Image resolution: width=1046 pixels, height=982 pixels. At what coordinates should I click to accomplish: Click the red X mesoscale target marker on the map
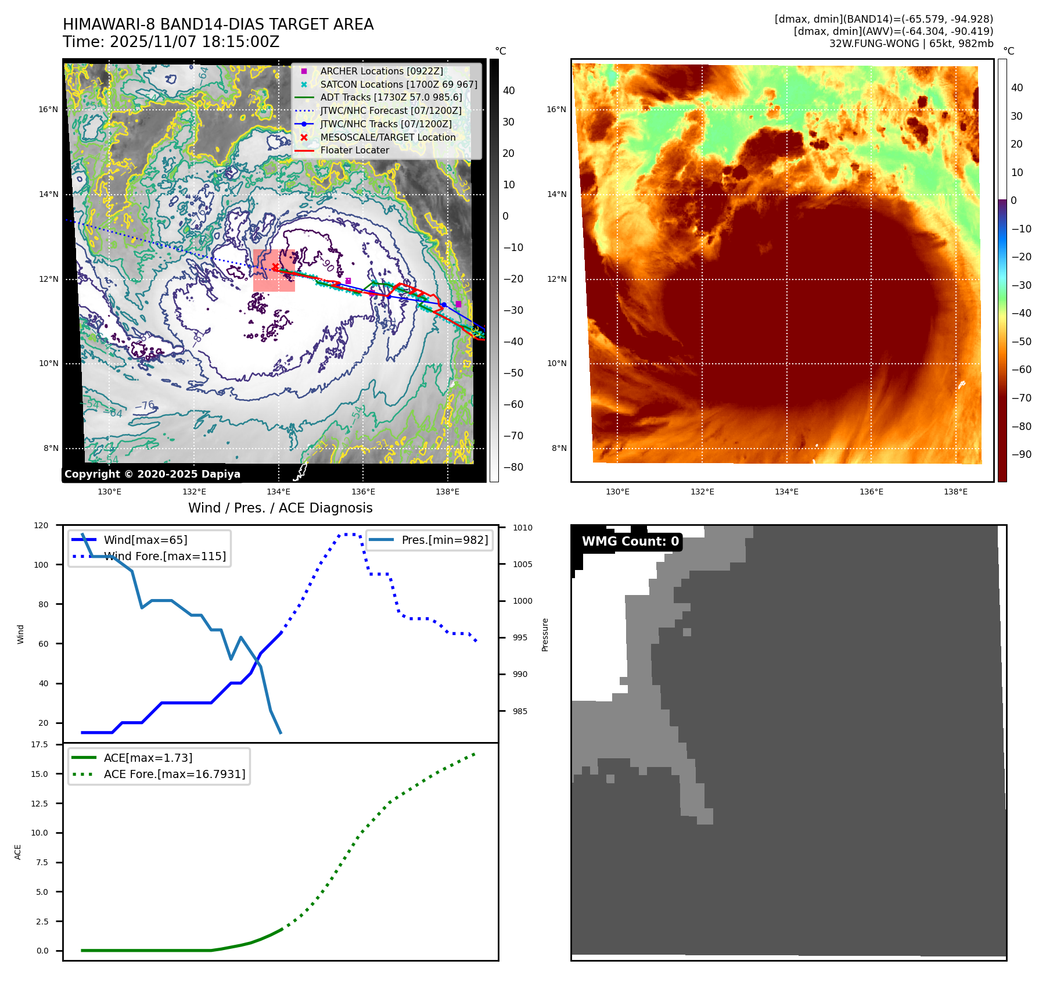[x=275, y=267]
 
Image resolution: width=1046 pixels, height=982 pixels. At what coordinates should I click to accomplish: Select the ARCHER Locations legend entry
[x=381, y=71]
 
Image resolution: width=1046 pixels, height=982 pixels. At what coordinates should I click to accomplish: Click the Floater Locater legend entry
[x=354, y=150]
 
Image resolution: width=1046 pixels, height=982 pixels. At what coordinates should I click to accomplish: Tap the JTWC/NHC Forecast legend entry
[x=390, y=110]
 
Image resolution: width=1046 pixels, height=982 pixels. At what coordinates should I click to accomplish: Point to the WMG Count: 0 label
[x=630, y=542]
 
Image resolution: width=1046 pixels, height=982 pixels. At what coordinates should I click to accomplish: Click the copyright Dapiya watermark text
[x=152, y=474]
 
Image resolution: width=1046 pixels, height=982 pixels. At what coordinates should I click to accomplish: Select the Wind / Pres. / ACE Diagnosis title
[x=280, y=508]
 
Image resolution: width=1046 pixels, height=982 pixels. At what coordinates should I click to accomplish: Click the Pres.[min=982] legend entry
[x=444, y=540]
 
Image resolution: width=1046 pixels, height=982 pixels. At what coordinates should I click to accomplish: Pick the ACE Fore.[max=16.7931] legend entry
[x=174, y=774]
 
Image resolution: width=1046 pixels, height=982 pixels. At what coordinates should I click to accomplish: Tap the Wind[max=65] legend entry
[x=145, y=540]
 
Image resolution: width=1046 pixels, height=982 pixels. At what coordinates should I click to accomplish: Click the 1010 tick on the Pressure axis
[x=522, y=528]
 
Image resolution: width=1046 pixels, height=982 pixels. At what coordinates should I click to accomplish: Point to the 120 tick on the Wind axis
[x=41, y=525]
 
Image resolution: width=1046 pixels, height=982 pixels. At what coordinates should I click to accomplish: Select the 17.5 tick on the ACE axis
[x=39, y=744]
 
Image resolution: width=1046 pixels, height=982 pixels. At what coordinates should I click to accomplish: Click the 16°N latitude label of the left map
[x=49, y=109]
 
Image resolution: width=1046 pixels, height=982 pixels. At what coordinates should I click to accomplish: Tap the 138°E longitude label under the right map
[x=955, y=492]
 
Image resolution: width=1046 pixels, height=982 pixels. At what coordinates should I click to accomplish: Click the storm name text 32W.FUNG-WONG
[x=874, y=44]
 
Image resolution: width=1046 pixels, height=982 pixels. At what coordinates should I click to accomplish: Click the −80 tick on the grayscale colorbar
[x=513, y=467]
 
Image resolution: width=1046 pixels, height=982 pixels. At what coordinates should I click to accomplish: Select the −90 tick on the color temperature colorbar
[x=1021, y=454]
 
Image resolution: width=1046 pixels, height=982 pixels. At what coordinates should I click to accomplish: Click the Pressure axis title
[x=545, y=635]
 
